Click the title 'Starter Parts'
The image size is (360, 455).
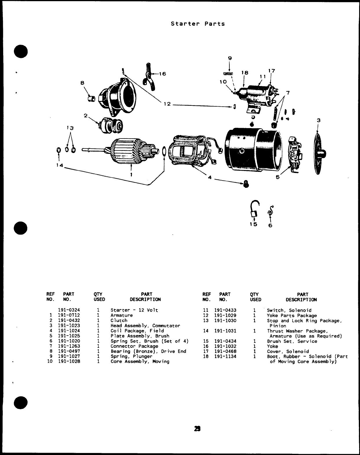click(x=198, y=24)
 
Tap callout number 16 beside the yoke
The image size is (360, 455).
click(x=162, y=74)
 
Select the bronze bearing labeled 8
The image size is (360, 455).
click(x=92, y=99)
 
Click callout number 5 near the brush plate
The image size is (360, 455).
click(x=278, y=177)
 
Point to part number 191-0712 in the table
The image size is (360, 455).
click(x=69, y=315)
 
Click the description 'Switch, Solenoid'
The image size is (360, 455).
click(x=289, y=310)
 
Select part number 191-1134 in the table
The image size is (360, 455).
click(x=225, y=356)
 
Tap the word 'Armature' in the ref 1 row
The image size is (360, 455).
click(x=122, y=315)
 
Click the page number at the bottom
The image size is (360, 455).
click(x=198, y=429)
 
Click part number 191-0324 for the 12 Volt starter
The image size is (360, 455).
click(x=69, y=310)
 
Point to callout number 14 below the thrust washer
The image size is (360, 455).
click(x=59, y=165)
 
